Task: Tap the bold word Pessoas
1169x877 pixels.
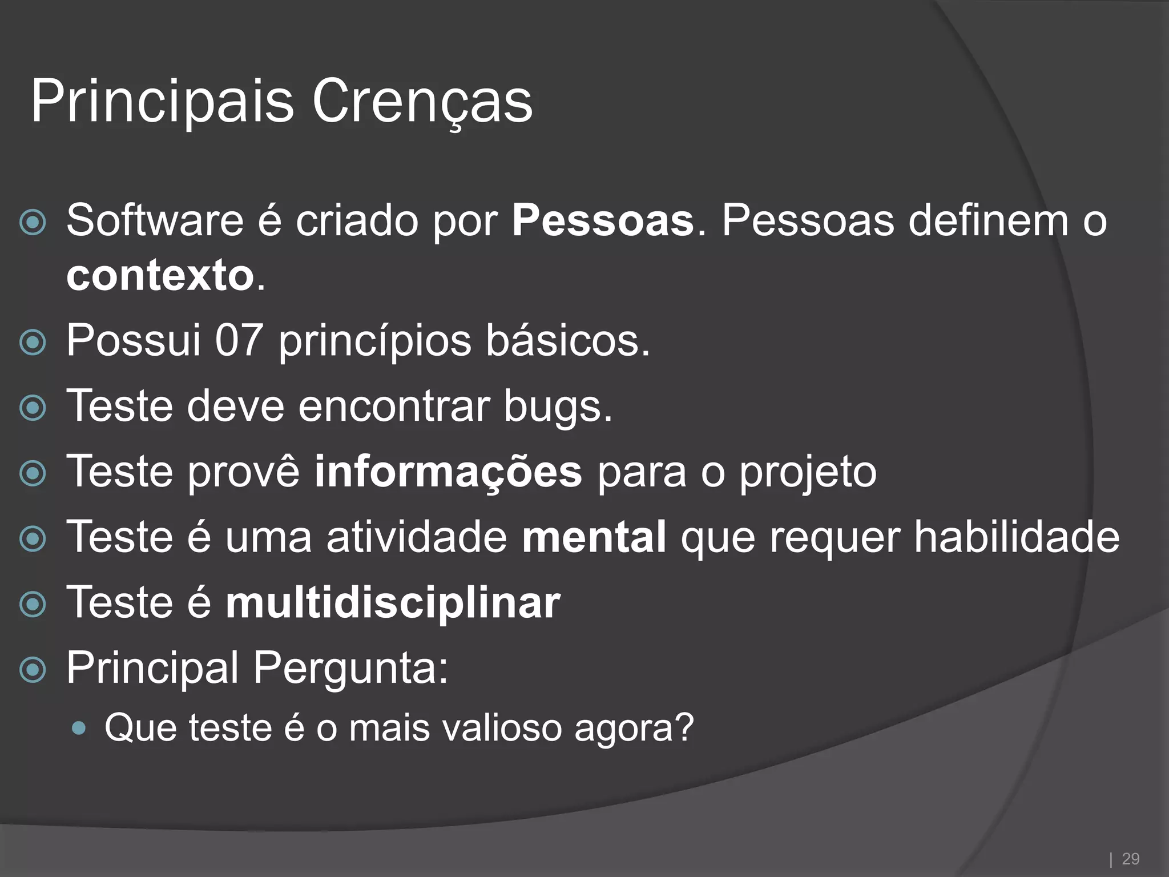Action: [603, 221]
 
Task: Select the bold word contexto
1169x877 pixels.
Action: [160, 276]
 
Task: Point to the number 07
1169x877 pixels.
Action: [239, 341]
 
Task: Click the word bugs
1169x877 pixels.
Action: [557, 407]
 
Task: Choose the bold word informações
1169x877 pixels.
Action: [448, 472]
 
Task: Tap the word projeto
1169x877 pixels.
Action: [808, 472]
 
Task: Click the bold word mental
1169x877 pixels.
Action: [594, 537]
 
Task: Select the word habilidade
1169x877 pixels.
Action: [1017, 537]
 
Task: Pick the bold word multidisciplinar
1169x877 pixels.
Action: [393, 603]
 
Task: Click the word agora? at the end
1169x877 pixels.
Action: [634, 728]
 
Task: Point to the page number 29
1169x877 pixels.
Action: [1130, 859]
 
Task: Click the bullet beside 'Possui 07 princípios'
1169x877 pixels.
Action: [33, 343]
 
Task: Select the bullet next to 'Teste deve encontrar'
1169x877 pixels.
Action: [33, 408]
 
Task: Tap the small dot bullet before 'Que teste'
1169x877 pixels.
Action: [80, 729]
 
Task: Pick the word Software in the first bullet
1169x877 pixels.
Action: [155, 221]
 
